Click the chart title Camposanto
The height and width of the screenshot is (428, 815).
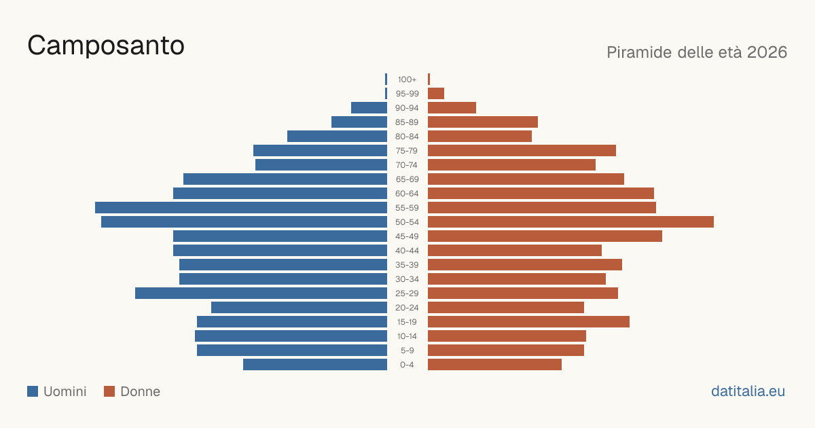106,46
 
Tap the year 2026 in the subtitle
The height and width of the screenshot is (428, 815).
767,52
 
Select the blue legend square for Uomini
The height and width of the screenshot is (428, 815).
33,391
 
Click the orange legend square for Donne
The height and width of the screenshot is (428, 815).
109,391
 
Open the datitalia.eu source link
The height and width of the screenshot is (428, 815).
748,391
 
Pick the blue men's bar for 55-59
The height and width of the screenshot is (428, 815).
241,207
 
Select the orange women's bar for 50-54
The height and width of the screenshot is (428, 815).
571,221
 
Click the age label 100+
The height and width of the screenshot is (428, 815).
407,79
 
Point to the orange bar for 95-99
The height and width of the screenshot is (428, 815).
436,94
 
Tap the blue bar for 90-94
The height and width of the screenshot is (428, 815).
369,108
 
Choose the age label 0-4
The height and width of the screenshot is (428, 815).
407,365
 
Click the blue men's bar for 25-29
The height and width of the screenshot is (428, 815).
261,293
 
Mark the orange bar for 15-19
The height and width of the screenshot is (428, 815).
528,322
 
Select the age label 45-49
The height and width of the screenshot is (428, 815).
407,236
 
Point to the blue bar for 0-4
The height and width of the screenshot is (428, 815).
315,365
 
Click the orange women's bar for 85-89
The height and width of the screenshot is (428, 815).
483,122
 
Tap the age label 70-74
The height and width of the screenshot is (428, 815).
407,165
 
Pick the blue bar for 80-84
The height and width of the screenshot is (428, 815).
338,136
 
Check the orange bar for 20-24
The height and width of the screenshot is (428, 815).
506,308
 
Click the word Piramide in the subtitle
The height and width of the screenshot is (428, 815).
639,52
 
